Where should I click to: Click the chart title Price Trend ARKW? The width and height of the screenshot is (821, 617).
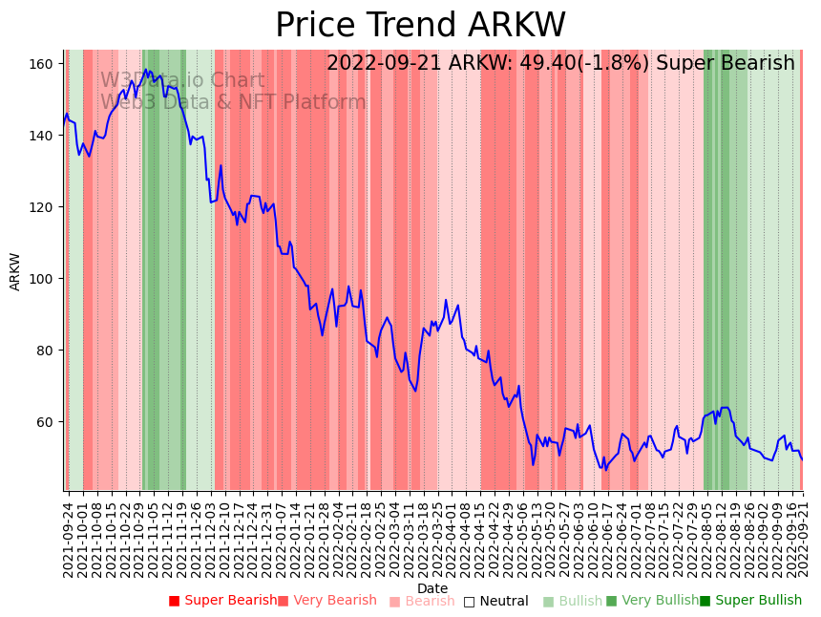(420, 26)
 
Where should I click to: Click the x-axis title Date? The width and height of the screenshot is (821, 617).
(432, 588)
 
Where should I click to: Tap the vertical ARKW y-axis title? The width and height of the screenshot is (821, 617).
(15, 271)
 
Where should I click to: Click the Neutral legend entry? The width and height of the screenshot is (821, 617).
(503, 601)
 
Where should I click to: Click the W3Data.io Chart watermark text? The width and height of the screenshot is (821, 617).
(182, 80)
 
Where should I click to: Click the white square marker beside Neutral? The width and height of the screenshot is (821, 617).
(469, 602)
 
